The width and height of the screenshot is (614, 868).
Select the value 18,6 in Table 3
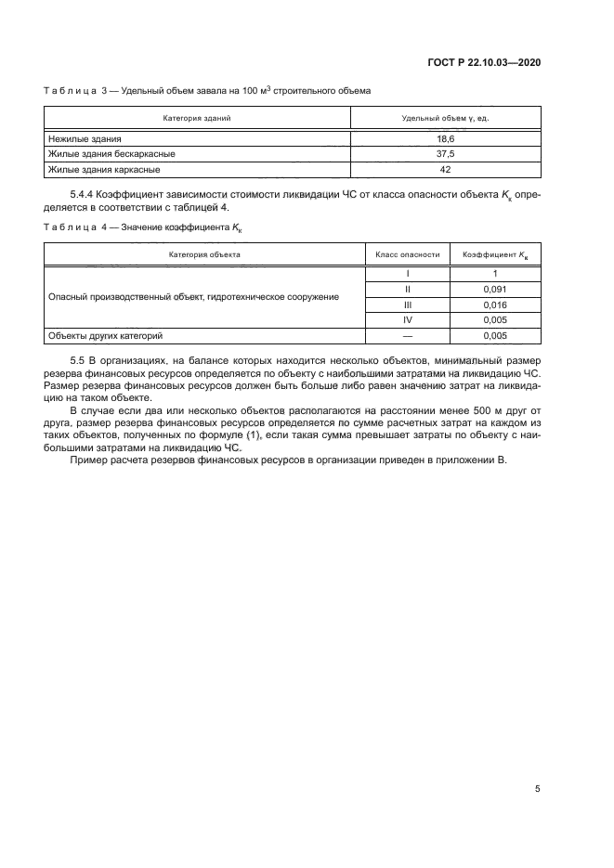(444, 138)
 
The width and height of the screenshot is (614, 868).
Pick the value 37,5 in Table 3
(444, 154)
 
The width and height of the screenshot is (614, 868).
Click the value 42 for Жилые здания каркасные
(444, 170)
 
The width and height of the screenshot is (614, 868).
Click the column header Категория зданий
(197, 119)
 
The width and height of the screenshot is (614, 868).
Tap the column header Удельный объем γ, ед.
(444, 119)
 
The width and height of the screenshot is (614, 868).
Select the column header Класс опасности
(407, 253)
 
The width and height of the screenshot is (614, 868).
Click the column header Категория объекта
(204, 253)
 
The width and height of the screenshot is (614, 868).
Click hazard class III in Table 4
(407, 304)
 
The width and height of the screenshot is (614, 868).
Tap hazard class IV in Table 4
(407, 320)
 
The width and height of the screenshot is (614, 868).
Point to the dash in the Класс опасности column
(407, 336)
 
